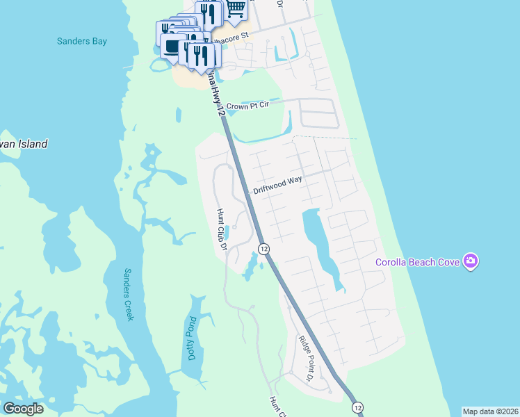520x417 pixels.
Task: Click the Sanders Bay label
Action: tap(82, 41)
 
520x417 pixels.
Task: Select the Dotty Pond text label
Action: tap(192, 339)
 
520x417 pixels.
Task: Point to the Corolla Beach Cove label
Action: tap(419, 262)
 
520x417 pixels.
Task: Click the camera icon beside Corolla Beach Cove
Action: tap(471, 261)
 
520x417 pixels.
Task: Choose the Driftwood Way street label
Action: tap(277, 188)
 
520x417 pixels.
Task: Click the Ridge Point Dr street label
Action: tap(307, 360)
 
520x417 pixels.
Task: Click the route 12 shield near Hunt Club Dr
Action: tap(263, 249)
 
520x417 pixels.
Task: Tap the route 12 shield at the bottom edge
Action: tap(357, 407)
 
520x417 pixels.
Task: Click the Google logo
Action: tap(24, 409)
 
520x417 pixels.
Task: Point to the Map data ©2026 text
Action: tap(489, 411)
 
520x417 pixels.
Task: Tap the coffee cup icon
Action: tap(172, 47)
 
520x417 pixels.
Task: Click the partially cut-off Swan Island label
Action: tap(24, 145)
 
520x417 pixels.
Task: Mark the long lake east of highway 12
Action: tap(320, 243)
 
